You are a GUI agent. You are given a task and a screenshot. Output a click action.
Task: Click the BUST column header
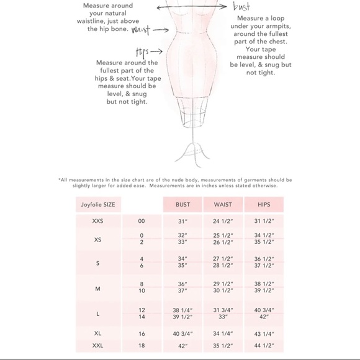(182, 204)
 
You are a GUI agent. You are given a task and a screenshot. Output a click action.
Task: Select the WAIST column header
(223, 204)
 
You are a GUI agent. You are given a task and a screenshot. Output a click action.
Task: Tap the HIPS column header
(264, 204)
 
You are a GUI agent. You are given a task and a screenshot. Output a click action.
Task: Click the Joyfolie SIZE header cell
(98, 204)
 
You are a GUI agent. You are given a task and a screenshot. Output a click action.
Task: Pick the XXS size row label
(97, 221)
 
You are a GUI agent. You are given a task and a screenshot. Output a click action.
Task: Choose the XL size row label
(97, 333)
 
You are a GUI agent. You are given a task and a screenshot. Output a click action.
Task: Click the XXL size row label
(97, 345)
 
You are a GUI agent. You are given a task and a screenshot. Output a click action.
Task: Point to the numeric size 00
(142, 221)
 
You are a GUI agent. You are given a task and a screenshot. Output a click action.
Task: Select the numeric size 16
(142, 333)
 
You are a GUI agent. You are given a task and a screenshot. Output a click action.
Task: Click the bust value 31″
(182, 222)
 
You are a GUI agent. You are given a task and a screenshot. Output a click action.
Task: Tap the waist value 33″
(223, 317)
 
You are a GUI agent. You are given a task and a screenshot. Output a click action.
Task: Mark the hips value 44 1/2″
(264, 345)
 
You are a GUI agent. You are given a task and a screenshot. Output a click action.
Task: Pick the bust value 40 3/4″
(182, 333)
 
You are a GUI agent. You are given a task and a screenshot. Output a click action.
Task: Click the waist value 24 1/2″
(223, 221)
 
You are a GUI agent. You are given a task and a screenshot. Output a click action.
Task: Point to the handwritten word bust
(241, 6)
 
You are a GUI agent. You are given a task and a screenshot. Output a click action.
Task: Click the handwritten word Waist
(141, 30)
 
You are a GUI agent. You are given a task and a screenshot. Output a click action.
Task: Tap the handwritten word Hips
(142, 52)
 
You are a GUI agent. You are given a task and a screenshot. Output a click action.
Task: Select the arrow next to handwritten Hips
(156, 52)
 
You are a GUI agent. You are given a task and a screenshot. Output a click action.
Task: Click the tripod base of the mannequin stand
(192, 155)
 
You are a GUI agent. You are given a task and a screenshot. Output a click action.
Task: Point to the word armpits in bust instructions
(279, 26)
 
